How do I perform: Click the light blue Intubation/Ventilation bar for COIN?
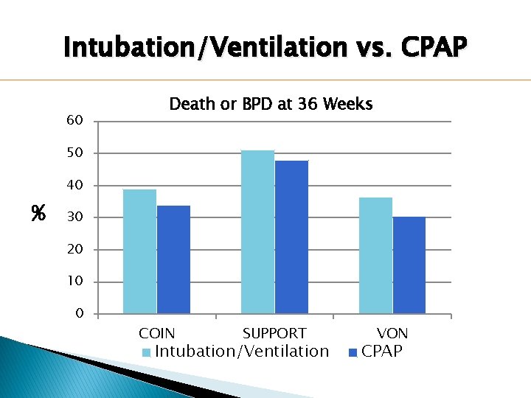click(139, 251)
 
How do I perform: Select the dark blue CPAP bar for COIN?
click(173, 259)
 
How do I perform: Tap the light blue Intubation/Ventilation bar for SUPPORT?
click(257, 232)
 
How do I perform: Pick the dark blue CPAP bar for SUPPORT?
click(291, 237)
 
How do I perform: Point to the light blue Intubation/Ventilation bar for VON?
click(375, 256)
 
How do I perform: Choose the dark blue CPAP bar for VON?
click(409, 265)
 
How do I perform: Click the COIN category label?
click(156, 334)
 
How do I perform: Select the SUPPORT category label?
click(274, 334)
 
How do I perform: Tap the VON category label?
click(392, 334)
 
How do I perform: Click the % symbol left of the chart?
click(38, 214)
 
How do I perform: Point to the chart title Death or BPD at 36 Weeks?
click(271, 104)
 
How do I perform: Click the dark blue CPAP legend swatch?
click(353, 353)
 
